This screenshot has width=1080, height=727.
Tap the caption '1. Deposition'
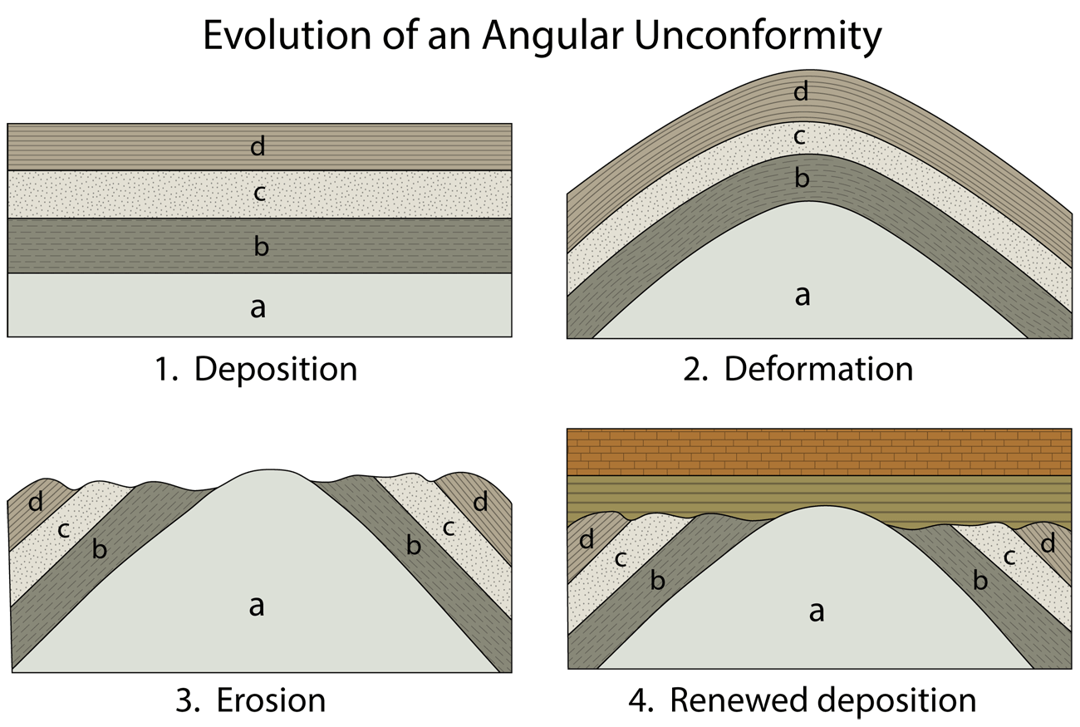tap(256, 368)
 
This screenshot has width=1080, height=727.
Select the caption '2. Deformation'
tap(798, 368)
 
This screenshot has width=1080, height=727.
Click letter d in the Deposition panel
tap(258, 147)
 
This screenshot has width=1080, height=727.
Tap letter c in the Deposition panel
tap(258, 194)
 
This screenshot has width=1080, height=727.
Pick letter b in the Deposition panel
tap(261, 246)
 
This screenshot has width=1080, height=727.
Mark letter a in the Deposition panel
tap(258, 307)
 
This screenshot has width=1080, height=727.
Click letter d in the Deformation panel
tap(801, 91)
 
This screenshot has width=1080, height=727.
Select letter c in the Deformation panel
tap(800, 136)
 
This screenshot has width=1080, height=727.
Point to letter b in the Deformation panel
tap(802, 178)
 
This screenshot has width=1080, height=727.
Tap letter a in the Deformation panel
tap(802, 295)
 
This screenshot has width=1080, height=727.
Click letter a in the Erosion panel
tap(257, 606)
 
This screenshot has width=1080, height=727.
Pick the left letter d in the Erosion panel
tap(35, 502)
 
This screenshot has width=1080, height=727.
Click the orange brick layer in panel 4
tap(818, 451)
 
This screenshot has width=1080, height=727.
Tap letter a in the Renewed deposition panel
tap(817, 612)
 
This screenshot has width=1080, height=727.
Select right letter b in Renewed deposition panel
tap(980, 581)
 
